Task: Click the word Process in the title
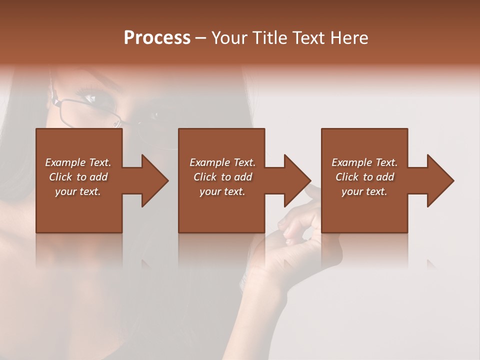[157, 38]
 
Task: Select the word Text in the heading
[309, 38]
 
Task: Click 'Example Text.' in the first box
[78, 162]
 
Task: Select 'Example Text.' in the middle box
[222, 162]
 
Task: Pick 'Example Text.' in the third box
[364, 162]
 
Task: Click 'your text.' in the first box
[78, 191]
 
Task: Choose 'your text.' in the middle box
[222, 191]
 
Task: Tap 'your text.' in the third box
[364, 191]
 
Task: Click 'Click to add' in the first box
[78, 177]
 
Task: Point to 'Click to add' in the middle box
[222, 177]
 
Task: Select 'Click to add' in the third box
[364, 177]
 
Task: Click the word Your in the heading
[229, 38]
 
